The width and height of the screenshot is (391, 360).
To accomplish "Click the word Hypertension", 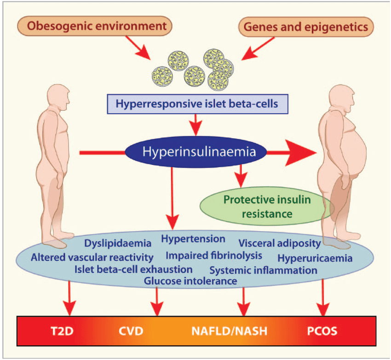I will pos(193,239).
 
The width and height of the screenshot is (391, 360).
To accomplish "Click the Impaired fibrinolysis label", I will pos(214,255).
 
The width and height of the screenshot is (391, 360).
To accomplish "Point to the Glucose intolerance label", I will pos(190,280).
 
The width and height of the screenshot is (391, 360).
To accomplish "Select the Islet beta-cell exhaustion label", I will pos(133,269).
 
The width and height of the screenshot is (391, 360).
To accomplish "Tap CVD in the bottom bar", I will pos(131,331).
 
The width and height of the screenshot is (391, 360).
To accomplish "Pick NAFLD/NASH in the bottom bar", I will pos(230,331).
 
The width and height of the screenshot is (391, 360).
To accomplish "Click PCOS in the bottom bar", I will pos(322,331).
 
